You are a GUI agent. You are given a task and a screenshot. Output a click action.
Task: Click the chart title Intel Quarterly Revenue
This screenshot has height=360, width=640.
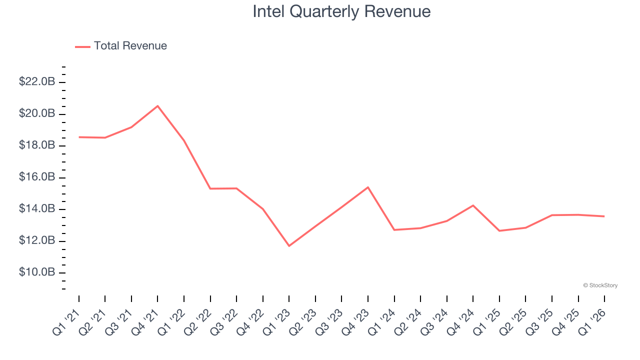341,11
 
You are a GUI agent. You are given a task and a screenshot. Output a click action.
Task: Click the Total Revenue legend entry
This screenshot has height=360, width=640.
121,46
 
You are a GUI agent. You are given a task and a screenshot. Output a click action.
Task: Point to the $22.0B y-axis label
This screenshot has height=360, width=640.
37,82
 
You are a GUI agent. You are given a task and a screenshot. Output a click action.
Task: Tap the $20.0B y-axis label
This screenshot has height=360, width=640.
37,114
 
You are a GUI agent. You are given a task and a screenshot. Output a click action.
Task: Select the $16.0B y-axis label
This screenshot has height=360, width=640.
37,177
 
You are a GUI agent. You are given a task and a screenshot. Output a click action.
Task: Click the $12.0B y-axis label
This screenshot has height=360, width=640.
37,241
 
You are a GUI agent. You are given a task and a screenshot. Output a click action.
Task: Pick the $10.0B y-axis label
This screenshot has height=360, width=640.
37,272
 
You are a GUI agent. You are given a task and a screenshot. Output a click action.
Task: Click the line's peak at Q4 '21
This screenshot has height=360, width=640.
157,106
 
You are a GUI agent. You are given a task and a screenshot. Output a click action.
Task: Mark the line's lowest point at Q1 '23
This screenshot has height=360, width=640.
289,245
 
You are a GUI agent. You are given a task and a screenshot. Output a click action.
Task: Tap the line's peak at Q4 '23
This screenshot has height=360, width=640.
368,187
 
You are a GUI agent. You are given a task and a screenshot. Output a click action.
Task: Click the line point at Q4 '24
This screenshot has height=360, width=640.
473,205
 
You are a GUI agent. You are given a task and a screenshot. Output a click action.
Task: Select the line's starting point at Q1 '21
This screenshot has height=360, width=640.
79,137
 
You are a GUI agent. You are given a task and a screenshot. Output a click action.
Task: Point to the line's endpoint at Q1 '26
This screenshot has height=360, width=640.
604,216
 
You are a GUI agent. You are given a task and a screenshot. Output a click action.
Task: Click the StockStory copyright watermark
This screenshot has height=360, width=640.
600,285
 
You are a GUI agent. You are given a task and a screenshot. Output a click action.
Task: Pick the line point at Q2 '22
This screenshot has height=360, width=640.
210,188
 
